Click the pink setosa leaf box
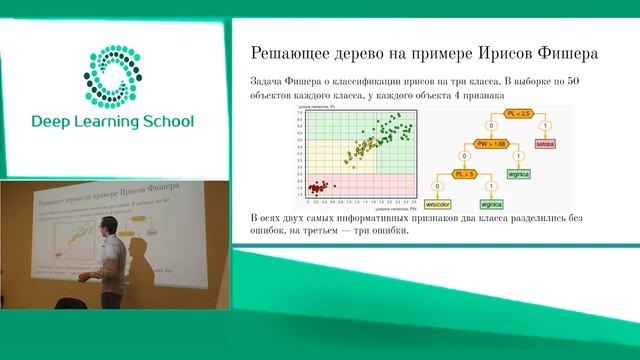click(545, 145)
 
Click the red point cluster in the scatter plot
click(320, 186)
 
